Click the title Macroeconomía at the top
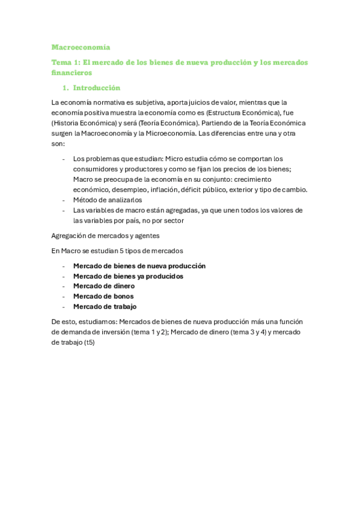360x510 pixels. [81, 47]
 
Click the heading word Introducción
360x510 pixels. [96, 88]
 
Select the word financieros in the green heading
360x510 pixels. [72, 73]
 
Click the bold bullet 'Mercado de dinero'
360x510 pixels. [103, 286]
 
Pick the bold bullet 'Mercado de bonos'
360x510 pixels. [103, 296]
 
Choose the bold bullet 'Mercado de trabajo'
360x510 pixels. [105, 307]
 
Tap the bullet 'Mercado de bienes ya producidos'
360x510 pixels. [128, 276]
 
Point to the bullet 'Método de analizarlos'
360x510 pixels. [108, 200]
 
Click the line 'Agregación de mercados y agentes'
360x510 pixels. [105, 235]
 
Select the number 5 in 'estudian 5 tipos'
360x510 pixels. [125, 250]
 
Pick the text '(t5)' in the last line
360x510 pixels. [88, 343]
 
